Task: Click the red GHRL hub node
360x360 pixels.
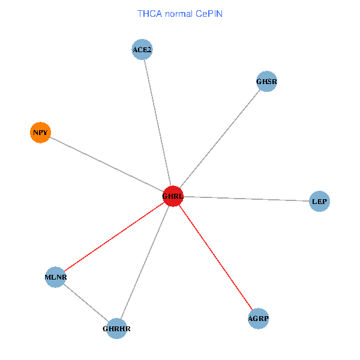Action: point(173,196)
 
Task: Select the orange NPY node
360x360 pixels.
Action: point(40,132)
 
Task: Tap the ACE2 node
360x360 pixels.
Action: point(142,49)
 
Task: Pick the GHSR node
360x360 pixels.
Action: point(266,82)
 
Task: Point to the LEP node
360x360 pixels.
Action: point(319,202)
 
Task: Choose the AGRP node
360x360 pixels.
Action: point(258,319)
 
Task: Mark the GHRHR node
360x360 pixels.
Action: point(116,329)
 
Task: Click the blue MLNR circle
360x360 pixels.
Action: point(55,277)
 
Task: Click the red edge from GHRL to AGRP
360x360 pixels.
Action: point(215,257)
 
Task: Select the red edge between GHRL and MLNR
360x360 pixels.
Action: point(114,237)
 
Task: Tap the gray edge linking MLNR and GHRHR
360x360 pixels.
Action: point(86,303)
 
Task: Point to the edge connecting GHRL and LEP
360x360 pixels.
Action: point(246,199)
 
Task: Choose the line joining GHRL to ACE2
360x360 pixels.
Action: point(158,123)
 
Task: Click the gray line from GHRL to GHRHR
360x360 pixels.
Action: point(145,262)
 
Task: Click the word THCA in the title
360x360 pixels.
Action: point(148,13)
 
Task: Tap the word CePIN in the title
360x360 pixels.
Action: point(209,13)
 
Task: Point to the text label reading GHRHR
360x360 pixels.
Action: point(116,329)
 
